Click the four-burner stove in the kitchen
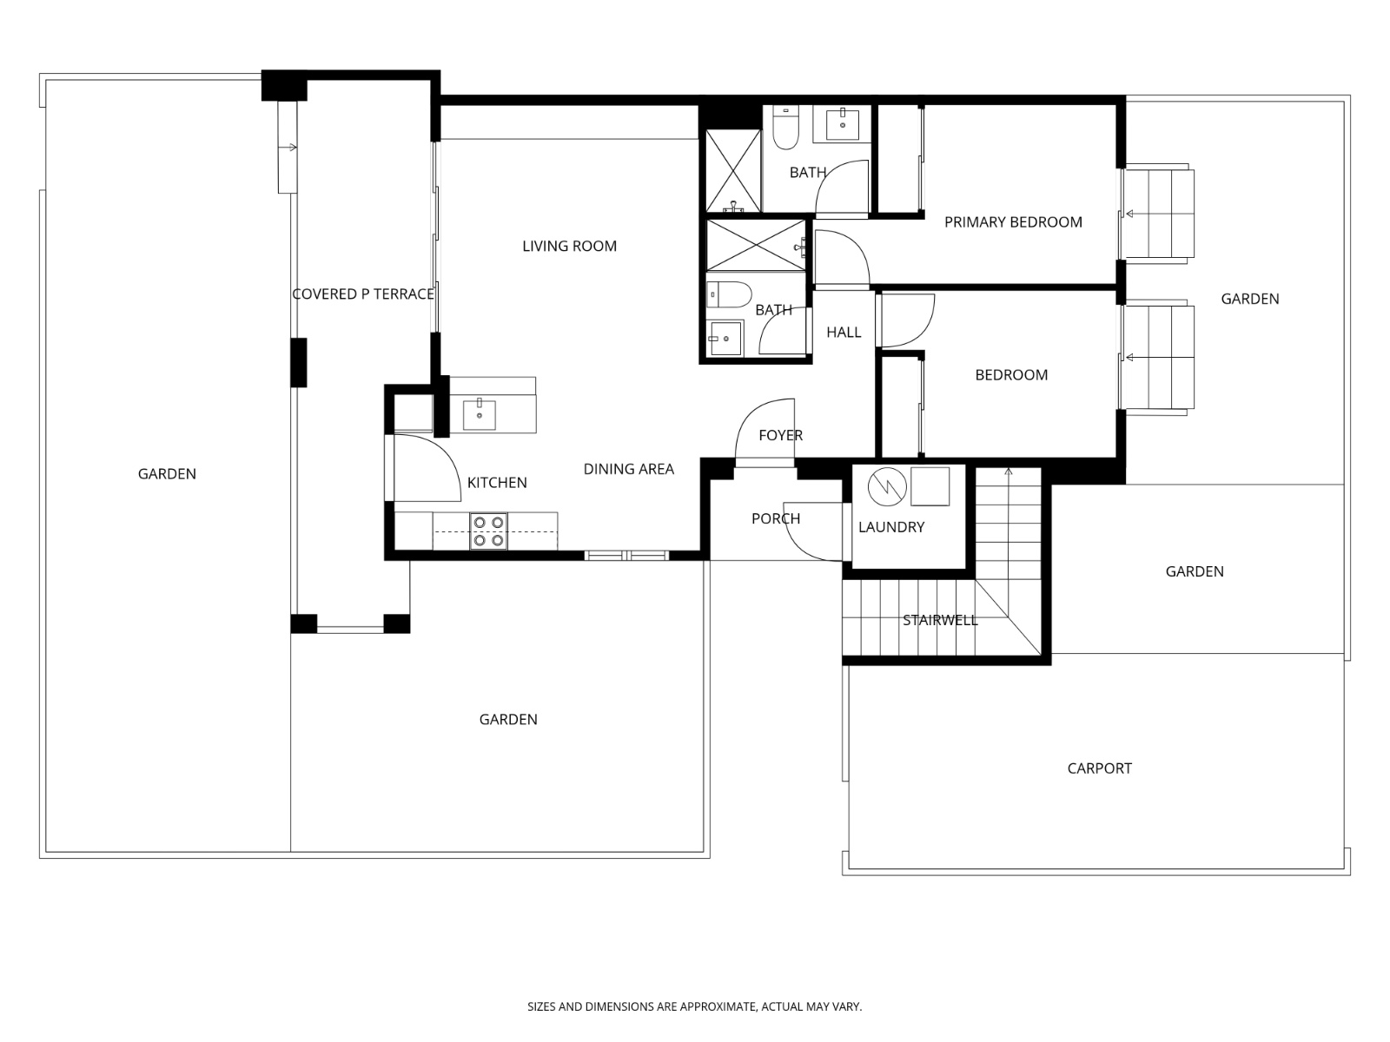coord(488,531)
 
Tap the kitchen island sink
coord(480,414)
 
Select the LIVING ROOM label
coord(569,246)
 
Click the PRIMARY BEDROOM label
coord(1013,222)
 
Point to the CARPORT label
coord(1099,768)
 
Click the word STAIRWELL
coord(940,620)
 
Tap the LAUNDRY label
coord(891,527)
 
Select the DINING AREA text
coord(628,469)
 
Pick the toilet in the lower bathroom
coord(729,295)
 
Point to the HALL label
coord(844,332)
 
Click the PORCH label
coord(775,518)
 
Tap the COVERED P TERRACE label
coord(363,294)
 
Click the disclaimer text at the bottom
coord(694,1006)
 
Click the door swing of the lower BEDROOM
coord(909,320)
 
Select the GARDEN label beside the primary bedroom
coord(1249,299)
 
